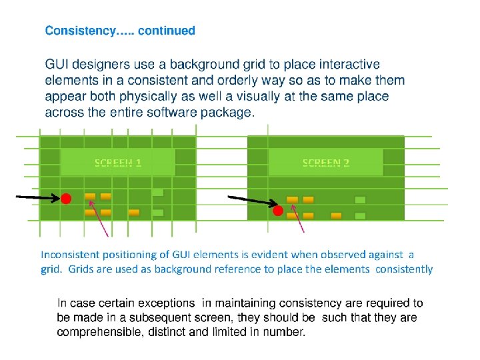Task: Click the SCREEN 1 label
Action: (x=118, y=163)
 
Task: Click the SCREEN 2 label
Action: (x=326, y=163)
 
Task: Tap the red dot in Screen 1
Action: (x=67, y=199)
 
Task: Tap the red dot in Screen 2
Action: (x=278, y=211)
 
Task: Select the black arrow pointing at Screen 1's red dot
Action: (x=37, y=197)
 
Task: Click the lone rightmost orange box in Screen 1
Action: (x=134, y=213)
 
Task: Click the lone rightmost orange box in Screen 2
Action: (x=337, y=216)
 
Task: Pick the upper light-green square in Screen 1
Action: (x=157, y=193)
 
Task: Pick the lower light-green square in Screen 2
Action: (x=361, y=216)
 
